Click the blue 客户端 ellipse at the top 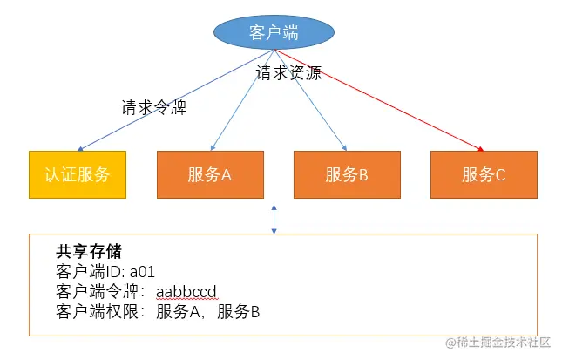pyautogui.click(x=274, y=33)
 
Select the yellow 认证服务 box pyautogui.click(x=77, y=174)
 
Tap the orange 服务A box pyautogui.click(x=209, y=174)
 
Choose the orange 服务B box pyautogui.click(x=347, y=174)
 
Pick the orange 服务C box pyautogui.click(x=484, y=174)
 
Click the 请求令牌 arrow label pyautogui.click(x=153, y=109)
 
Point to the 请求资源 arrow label pyautogui.click(x=288, y=73)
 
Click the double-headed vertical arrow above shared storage pyautogui.click(x=274, y=220)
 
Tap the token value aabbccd pyautogui.click(x=186, y=291)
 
